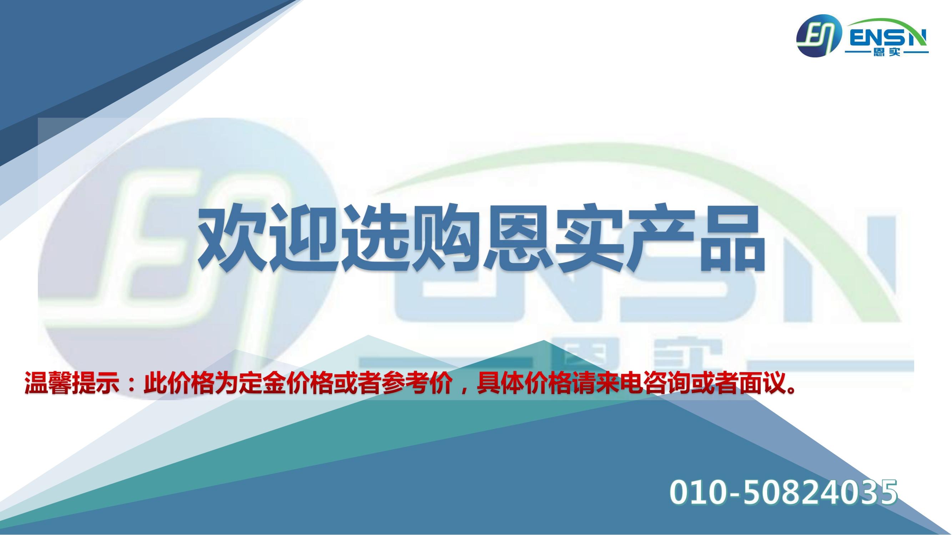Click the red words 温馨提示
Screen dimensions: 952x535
[x=72, y=384]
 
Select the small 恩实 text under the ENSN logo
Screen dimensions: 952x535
[x=886, y=53]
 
